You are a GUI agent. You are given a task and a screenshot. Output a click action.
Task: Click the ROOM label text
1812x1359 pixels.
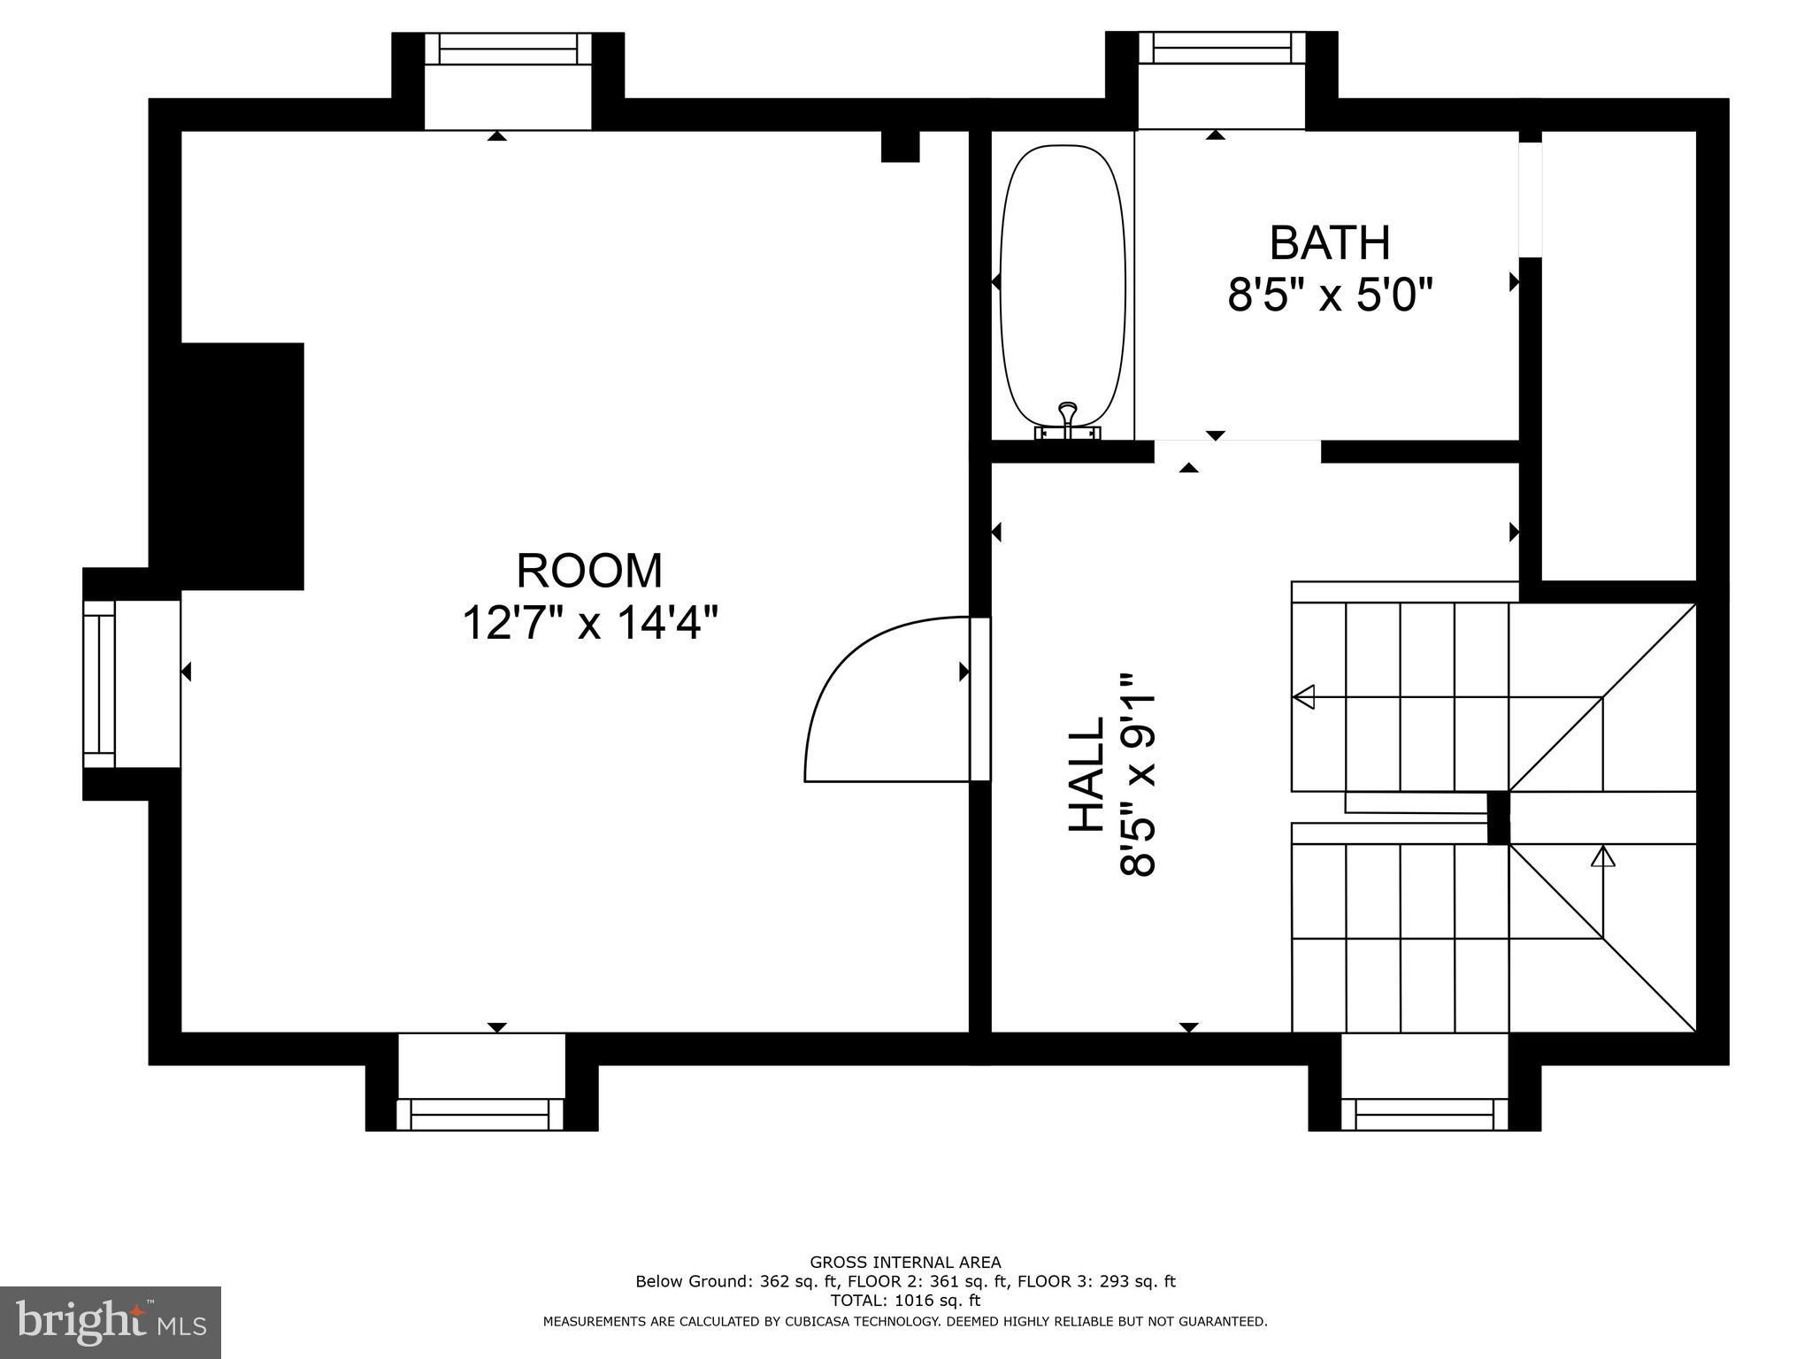pos(589,571)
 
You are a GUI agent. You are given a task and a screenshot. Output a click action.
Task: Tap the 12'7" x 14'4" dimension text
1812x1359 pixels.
pos(589,623)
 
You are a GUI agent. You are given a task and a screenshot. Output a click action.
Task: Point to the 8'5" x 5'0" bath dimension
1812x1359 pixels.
pos(1330,295)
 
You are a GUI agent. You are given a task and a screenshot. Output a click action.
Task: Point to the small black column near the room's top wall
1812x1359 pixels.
pos(901,146)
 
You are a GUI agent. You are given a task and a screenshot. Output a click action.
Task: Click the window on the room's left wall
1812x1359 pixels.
pos(99,684)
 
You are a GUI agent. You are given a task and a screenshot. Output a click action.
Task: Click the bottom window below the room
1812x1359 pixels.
pos(480,1114)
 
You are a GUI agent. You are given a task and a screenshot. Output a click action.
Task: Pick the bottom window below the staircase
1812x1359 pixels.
pos(1424,1114)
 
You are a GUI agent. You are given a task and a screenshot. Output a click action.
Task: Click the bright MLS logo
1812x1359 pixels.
pos(111,1322)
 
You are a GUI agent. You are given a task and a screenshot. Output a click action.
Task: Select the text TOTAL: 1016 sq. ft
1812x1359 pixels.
pos(905,1301)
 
